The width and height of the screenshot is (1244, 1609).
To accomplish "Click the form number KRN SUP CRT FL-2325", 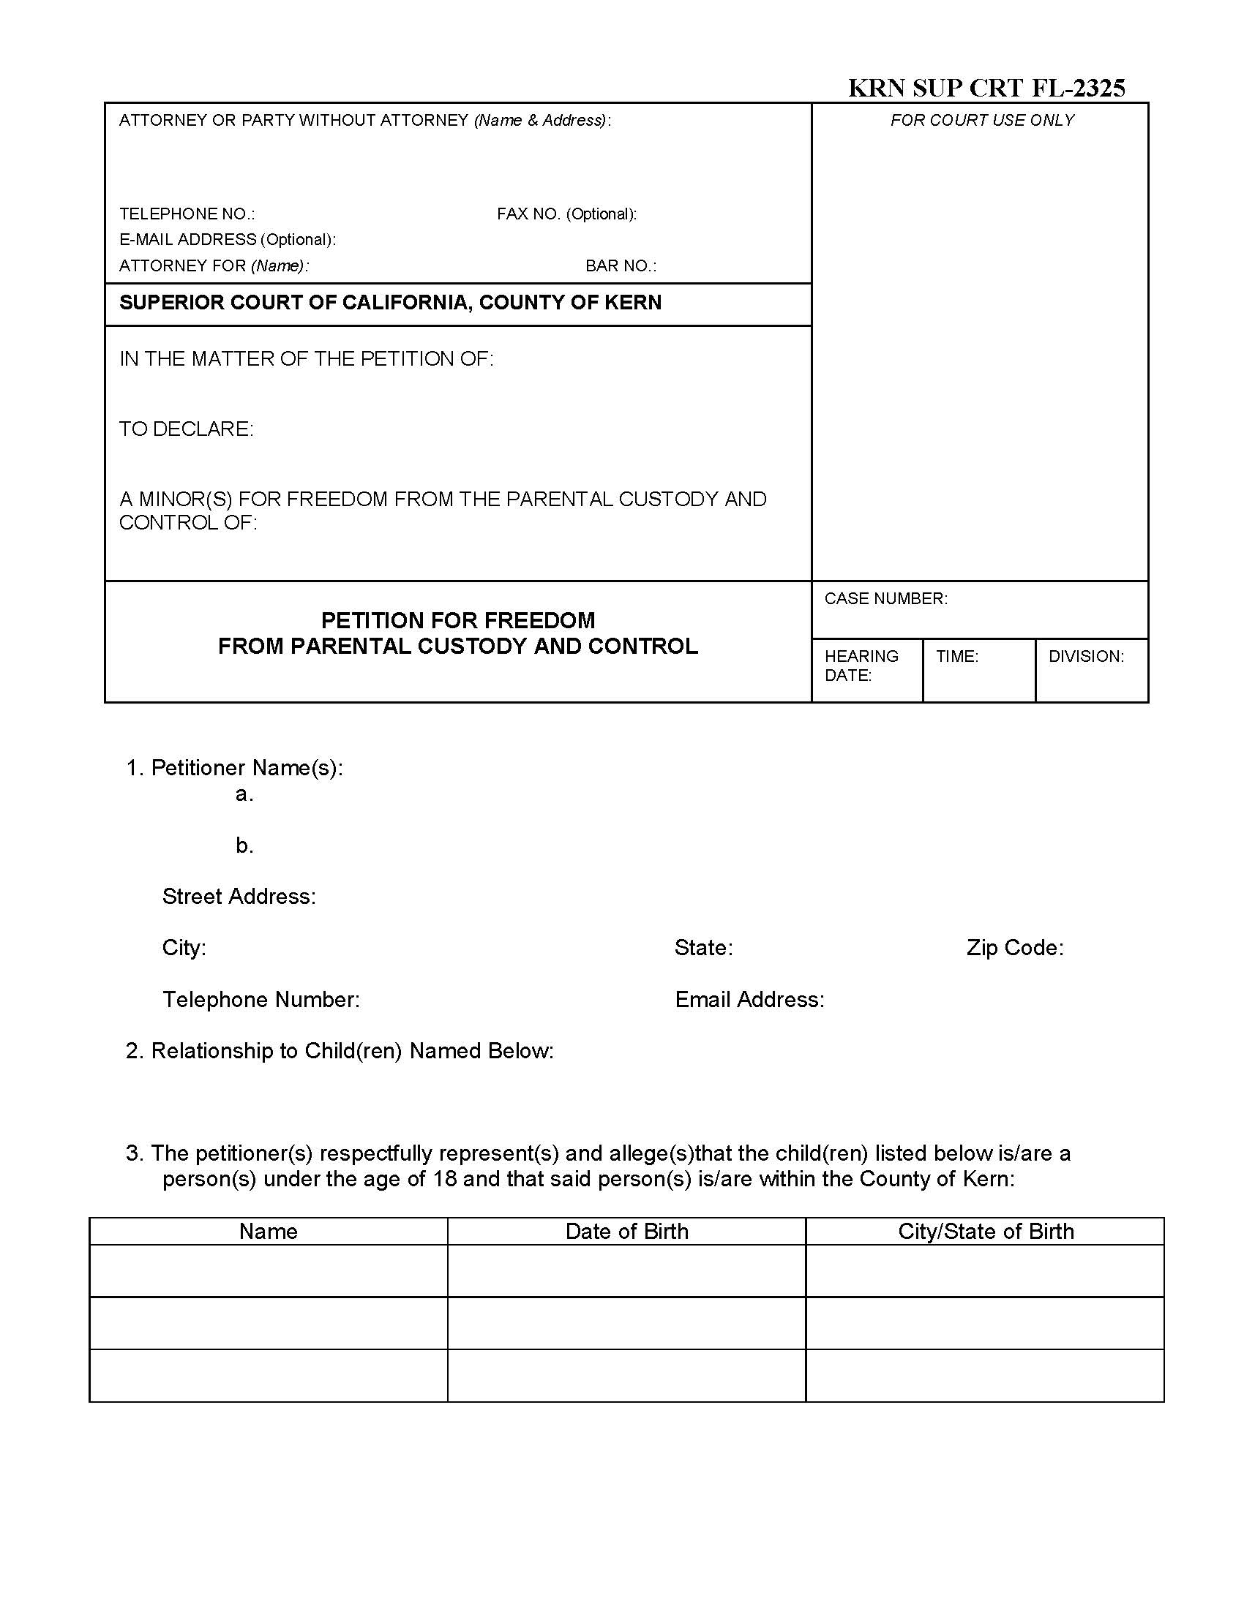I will [x=986, y=88].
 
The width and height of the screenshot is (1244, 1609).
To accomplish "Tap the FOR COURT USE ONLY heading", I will [x=981, y=120].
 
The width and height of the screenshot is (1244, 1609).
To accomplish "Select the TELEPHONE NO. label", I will [x=187, y=214].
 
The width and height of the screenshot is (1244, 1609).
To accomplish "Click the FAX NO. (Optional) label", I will [x=566, y=214].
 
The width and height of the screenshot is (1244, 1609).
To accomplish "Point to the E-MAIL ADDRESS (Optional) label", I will [x=227, y=239].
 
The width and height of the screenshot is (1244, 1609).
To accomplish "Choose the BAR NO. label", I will [x=620, y=265].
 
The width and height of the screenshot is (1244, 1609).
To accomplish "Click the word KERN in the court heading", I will [x=632, y=302].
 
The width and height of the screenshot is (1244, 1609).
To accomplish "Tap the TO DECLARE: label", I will [x=187, y=429].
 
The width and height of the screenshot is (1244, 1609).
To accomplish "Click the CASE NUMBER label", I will [x=885, y=598].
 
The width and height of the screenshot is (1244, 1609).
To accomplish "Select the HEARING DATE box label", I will [x=861, y=665].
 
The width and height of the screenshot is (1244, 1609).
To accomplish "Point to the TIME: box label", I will [x=956, y=656].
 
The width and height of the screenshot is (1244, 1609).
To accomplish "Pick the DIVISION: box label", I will [x=1085, y=656].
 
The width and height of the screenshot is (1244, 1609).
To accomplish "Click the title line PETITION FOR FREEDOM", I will [x=457, y=619].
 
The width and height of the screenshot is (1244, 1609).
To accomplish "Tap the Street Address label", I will [x=239, y=896].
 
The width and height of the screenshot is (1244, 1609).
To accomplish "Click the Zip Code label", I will [x=1015, y=947].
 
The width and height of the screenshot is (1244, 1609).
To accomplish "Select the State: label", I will [x=703, y=947].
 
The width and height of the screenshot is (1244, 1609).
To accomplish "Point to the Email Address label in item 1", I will [x=749, y=999].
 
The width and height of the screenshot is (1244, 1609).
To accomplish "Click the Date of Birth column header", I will [x=626, y=1231].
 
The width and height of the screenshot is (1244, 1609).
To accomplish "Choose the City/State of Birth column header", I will [x=986, y=1231].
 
